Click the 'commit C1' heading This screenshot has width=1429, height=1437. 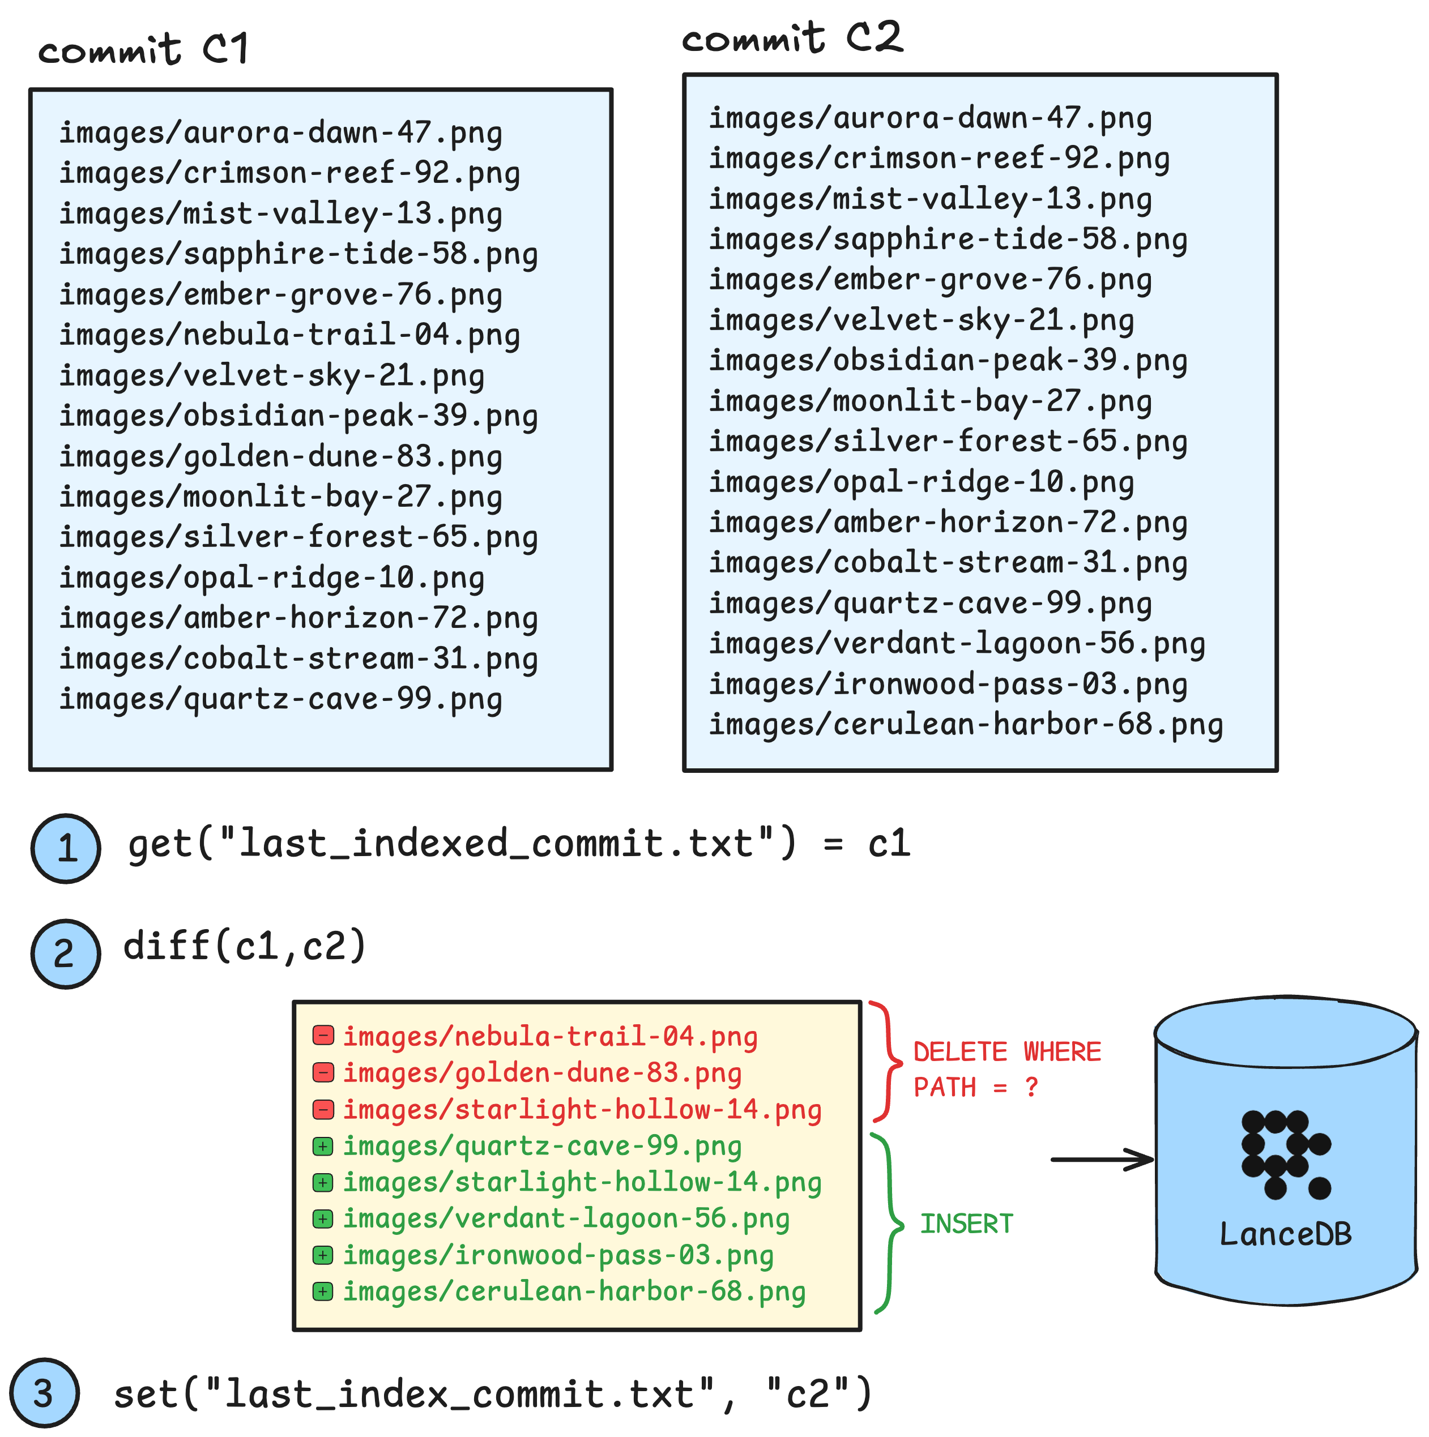143,50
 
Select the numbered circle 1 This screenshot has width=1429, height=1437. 66,848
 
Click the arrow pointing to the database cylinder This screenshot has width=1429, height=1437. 1101,1159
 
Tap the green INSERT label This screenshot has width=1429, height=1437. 966,1224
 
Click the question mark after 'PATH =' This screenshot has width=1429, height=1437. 1031,1088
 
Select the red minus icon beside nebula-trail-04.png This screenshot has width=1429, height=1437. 323,1034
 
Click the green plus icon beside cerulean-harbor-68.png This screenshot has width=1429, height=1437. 323,1291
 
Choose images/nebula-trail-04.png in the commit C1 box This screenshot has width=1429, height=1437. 289,335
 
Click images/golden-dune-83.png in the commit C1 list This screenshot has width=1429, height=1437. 280,456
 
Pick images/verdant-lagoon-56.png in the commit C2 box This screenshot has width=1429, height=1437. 956,643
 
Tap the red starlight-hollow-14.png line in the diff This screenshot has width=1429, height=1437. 582,1109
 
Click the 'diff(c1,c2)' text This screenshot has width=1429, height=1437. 245,946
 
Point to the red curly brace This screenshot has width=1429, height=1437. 885,1062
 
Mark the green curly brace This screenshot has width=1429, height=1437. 888,1224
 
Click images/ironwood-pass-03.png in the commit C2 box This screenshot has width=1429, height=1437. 947,685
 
